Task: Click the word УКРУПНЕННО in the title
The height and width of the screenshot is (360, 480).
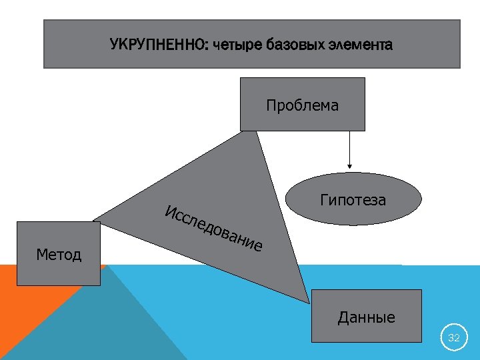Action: [158, 45]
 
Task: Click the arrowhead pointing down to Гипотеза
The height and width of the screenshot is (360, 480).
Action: [348, 167]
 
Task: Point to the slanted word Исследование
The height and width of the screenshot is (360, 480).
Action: [213, 229]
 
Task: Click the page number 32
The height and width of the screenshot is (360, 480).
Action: [454, 338]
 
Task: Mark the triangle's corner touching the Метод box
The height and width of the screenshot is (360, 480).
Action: [97, 219]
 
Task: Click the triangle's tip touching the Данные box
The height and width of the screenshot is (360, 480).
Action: [308, 299]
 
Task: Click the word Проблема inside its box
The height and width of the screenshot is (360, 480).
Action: [302, 105]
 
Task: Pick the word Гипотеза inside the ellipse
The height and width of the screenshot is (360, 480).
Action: [353, 200]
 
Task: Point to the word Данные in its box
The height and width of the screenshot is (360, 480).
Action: [367, 317]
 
